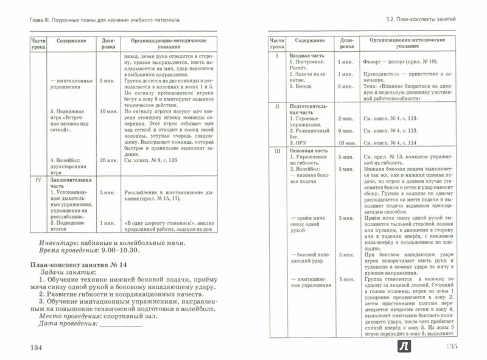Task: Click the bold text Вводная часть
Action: tap(307, 55)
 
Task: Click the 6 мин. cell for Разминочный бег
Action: tap(345, 131)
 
